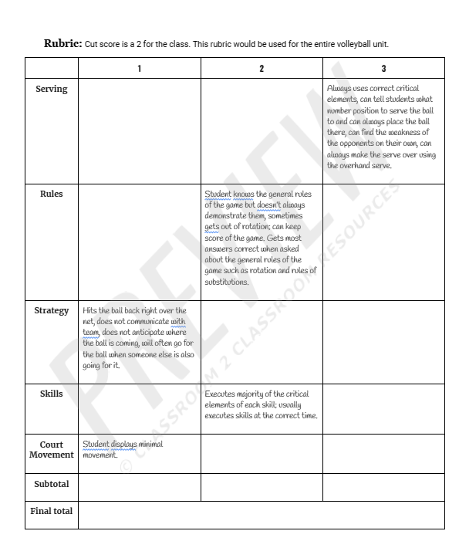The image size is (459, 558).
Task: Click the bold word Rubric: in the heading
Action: click(62, 43)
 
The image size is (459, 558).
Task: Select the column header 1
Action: click(139, 69)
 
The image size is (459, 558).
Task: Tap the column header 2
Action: click(262, 69)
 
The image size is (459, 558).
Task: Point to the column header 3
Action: click(383, 69)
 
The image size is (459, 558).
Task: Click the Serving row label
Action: click(52, 89)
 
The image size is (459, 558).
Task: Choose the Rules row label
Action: click(52, 194)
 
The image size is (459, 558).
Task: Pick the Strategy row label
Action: click(52, 310)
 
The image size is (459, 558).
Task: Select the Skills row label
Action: click(52, 394)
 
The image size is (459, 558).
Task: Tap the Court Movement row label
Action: click(52, 449)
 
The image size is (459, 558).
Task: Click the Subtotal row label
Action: click(52, 485)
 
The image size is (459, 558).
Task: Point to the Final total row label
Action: click(52, 511)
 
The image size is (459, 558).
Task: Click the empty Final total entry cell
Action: click(261, 514)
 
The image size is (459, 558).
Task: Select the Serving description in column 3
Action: click(382, 127)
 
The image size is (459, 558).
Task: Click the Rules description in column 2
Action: click(260, 238)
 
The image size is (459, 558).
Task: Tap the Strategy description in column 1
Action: click(138, 337)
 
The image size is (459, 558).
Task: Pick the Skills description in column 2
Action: click(260, 404)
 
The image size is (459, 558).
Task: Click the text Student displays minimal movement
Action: click(122, 449)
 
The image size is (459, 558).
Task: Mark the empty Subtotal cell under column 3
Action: click(383, 487)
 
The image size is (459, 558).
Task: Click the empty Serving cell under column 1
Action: click(139, 130)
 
